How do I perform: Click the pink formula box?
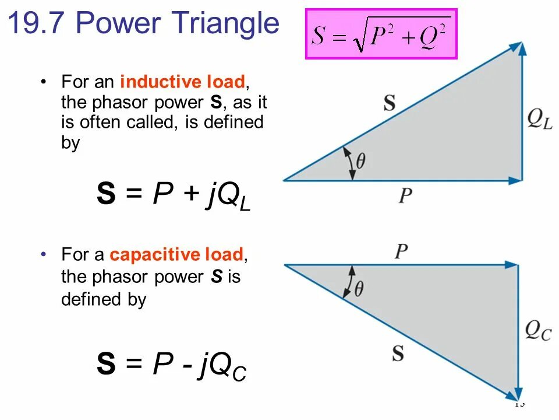[381, 34]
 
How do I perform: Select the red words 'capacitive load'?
[176, 255]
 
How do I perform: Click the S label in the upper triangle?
[390, 103]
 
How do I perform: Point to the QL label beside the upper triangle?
[539, 120]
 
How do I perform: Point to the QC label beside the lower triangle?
[538, 331]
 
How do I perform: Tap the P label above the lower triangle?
[401, 252]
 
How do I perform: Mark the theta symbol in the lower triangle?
[359, 288]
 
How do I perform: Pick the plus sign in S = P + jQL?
[190, 196]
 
